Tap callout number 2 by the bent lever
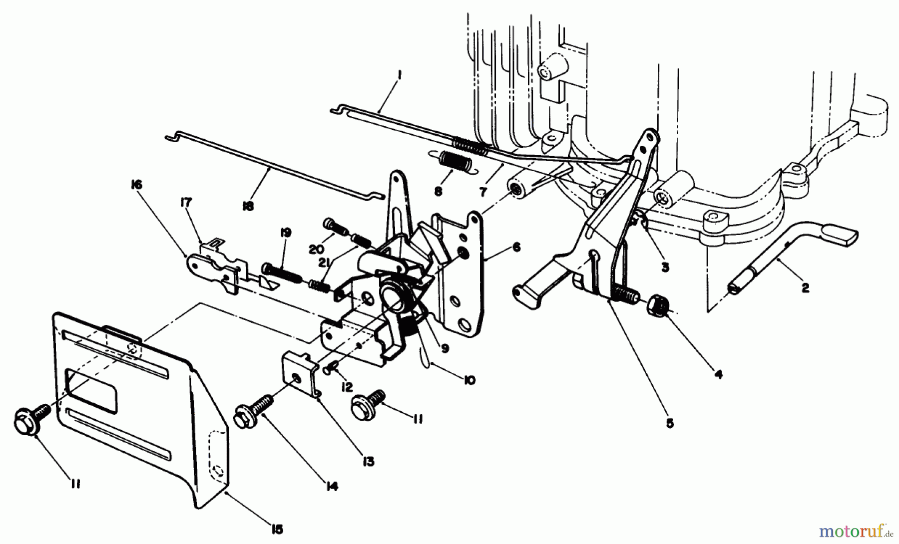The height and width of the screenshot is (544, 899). click(x=805, y=288)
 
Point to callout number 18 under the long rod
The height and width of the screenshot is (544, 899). click(x=248, y=206)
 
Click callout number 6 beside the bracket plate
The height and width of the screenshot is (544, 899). click(x=516, y=247)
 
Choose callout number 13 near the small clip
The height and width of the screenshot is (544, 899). click(x=368, y=462)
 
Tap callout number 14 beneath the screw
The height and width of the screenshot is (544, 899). click(x=331, y=486)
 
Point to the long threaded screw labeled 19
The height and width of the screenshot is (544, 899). click(x=280, y=272)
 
